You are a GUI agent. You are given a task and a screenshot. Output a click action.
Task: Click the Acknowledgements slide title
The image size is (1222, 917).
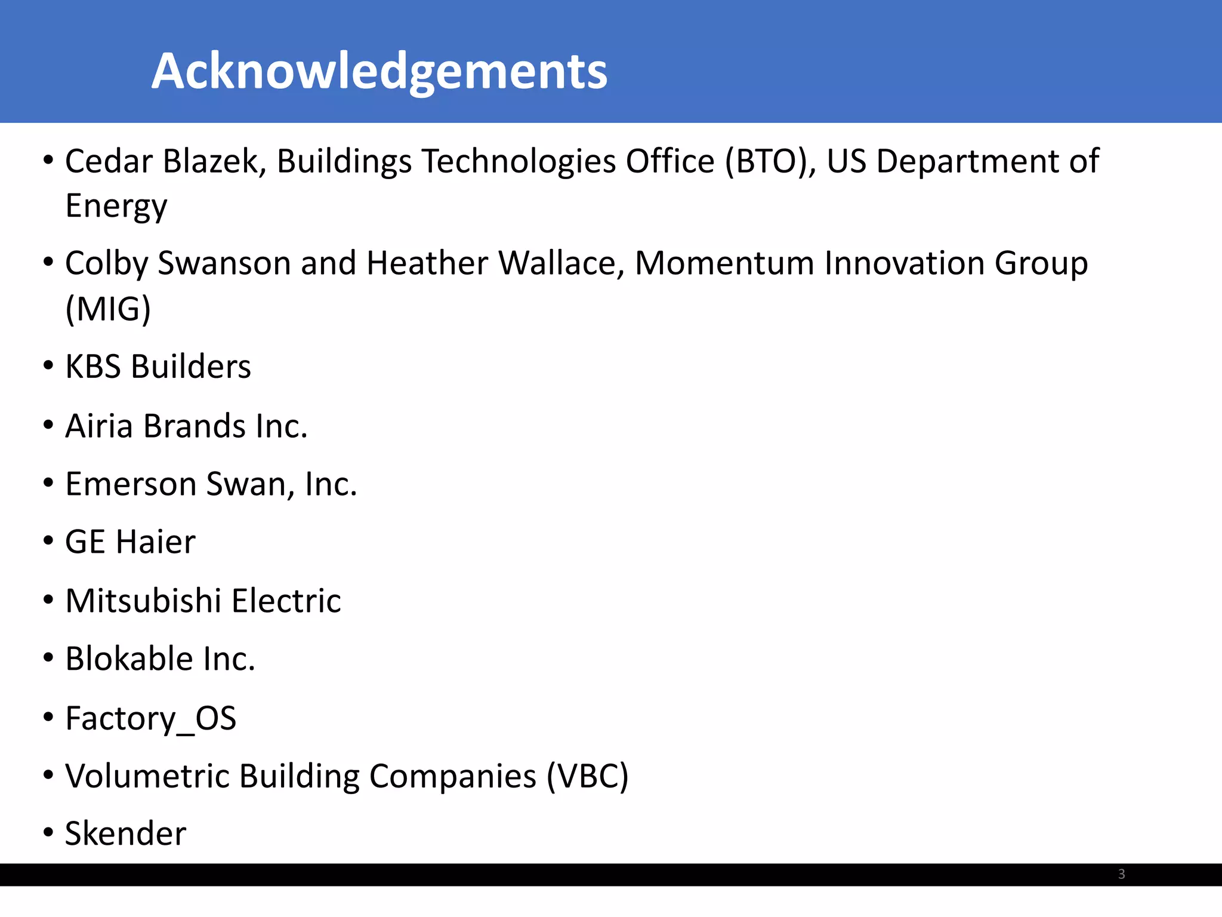pos(379,71)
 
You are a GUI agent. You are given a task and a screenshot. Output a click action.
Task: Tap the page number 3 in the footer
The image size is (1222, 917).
pos(1121,874)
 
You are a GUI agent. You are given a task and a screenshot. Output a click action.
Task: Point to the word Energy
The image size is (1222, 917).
pos(116,207)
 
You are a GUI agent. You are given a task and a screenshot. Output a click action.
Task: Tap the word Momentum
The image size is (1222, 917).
pos(724,263)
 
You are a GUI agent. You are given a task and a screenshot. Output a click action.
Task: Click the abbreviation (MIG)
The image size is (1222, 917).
pos(108,309)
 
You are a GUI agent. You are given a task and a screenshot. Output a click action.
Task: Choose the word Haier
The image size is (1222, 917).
pos(155,542)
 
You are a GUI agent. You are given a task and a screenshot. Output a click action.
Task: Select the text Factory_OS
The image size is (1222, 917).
pos(151,718)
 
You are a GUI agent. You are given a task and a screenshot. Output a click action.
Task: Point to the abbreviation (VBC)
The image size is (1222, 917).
pos(588,776)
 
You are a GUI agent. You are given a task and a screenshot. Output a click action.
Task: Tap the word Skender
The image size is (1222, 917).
pos(126,833)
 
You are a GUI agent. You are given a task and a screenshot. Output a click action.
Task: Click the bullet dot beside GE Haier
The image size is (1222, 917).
pos(48,541)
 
